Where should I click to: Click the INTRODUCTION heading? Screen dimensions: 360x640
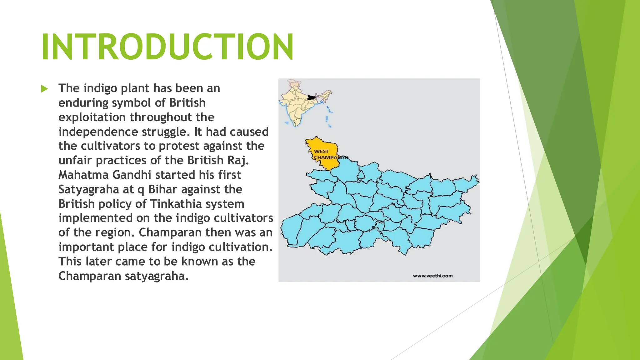pyautogui.click(x=167, y=47)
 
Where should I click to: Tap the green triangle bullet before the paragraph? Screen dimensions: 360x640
pyautogui.click(x=44, y=89)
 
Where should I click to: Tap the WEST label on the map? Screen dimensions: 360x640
pyautogui.click(x=321, y=151)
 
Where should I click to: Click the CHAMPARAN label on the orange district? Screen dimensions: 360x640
pyautogui.click(x=331, y=157)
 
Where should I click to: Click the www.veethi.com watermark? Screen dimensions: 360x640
pyautogui.click(x=432, y=276)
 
